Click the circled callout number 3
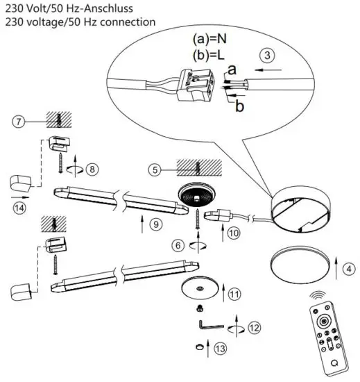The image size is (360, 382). pos(266,54)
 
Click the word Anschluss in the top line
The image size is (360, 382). pos(104,8)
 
